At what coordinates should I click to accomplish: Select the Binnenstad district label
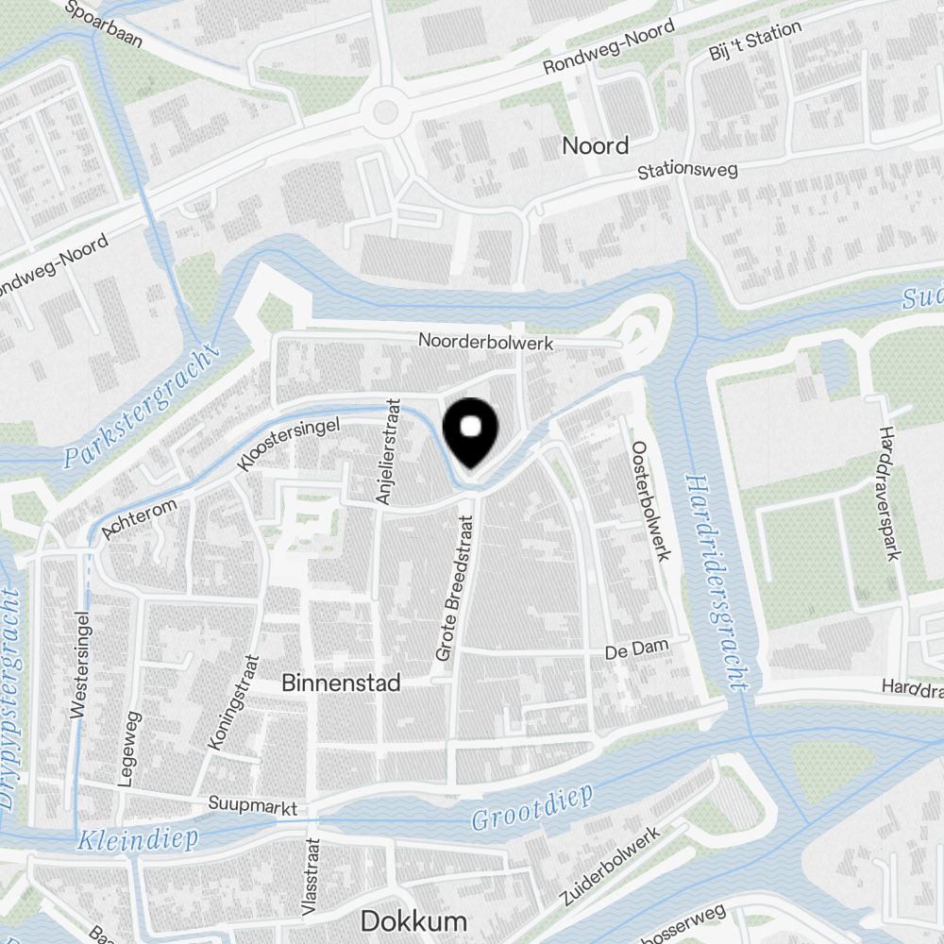coord(341,683)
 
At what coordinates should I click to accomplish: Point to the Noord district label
coord(595,145)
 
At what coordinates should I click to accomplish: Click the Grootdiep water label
coord(533,808)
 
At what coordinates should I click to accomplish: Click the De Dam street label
coord(636,651)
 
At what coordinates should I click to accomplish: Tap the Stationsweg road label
coord(687,171)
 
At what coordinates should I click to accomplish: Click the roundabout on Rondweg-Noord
coord(385,112)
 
